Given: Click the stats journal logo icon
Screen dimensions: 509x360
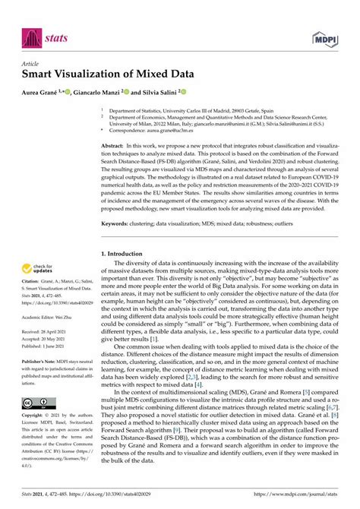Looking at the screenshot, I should pos(29,35).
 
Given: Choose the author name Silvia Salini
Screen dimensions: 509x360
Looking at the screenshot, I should pos(159,93).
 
